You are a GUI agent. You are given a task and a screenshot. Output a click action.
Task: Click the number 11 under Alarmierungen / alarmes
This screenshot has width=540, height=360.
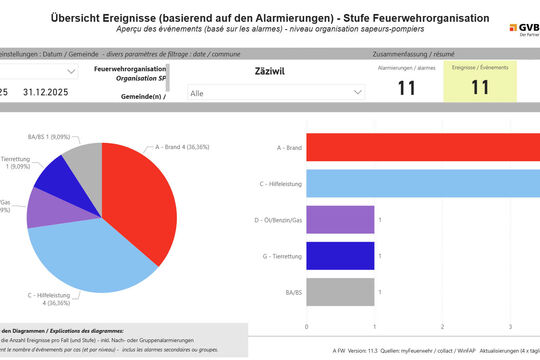tap(406, 88)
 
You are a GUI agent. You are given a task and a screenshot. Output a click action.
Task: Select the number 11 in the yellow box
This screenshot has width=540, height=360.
tap(479, 88)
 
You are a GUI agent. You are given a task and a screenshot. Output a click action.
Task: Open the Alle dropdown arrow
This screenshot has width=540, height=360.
tap(357, 92)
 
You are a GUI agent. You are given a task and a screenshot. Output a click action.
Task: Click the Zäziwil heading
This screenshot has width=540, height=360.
tap(271, 71)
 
